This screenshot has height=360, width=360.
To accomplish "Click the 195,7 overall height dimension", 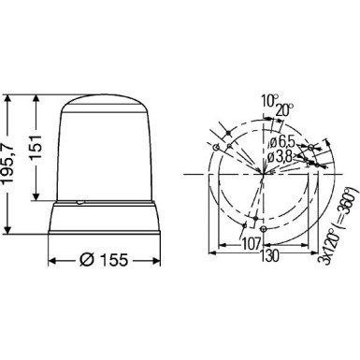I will click(10, 164).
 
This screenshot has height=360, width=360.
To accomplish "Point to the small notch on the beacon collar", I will click(79, 203).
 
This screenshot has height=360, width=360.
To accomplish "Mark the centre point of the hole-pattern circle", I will click(265, 173).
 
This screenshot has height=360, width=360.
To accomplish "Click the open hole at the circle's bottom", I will click(265, 228).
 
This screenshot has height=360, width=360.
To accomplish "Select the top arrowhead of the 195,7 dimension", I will click(10, 94).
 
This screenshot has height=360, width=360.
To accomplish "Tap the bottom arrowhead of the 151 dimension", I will click(36, 197).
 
